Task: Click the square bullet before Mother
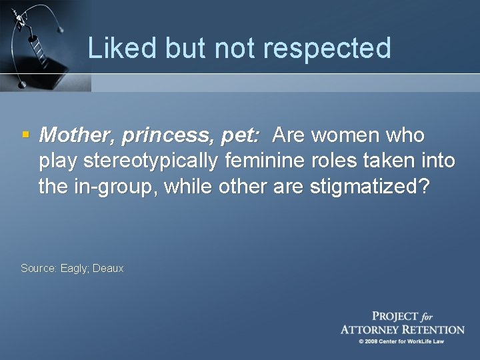pos(25,135)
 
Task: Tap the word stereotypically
pos(152,162)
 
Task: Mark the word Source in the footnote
pos(38,269)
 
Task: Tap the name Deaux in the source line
pos(108,269)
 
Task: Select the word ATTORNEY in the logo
pos(375,329)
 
